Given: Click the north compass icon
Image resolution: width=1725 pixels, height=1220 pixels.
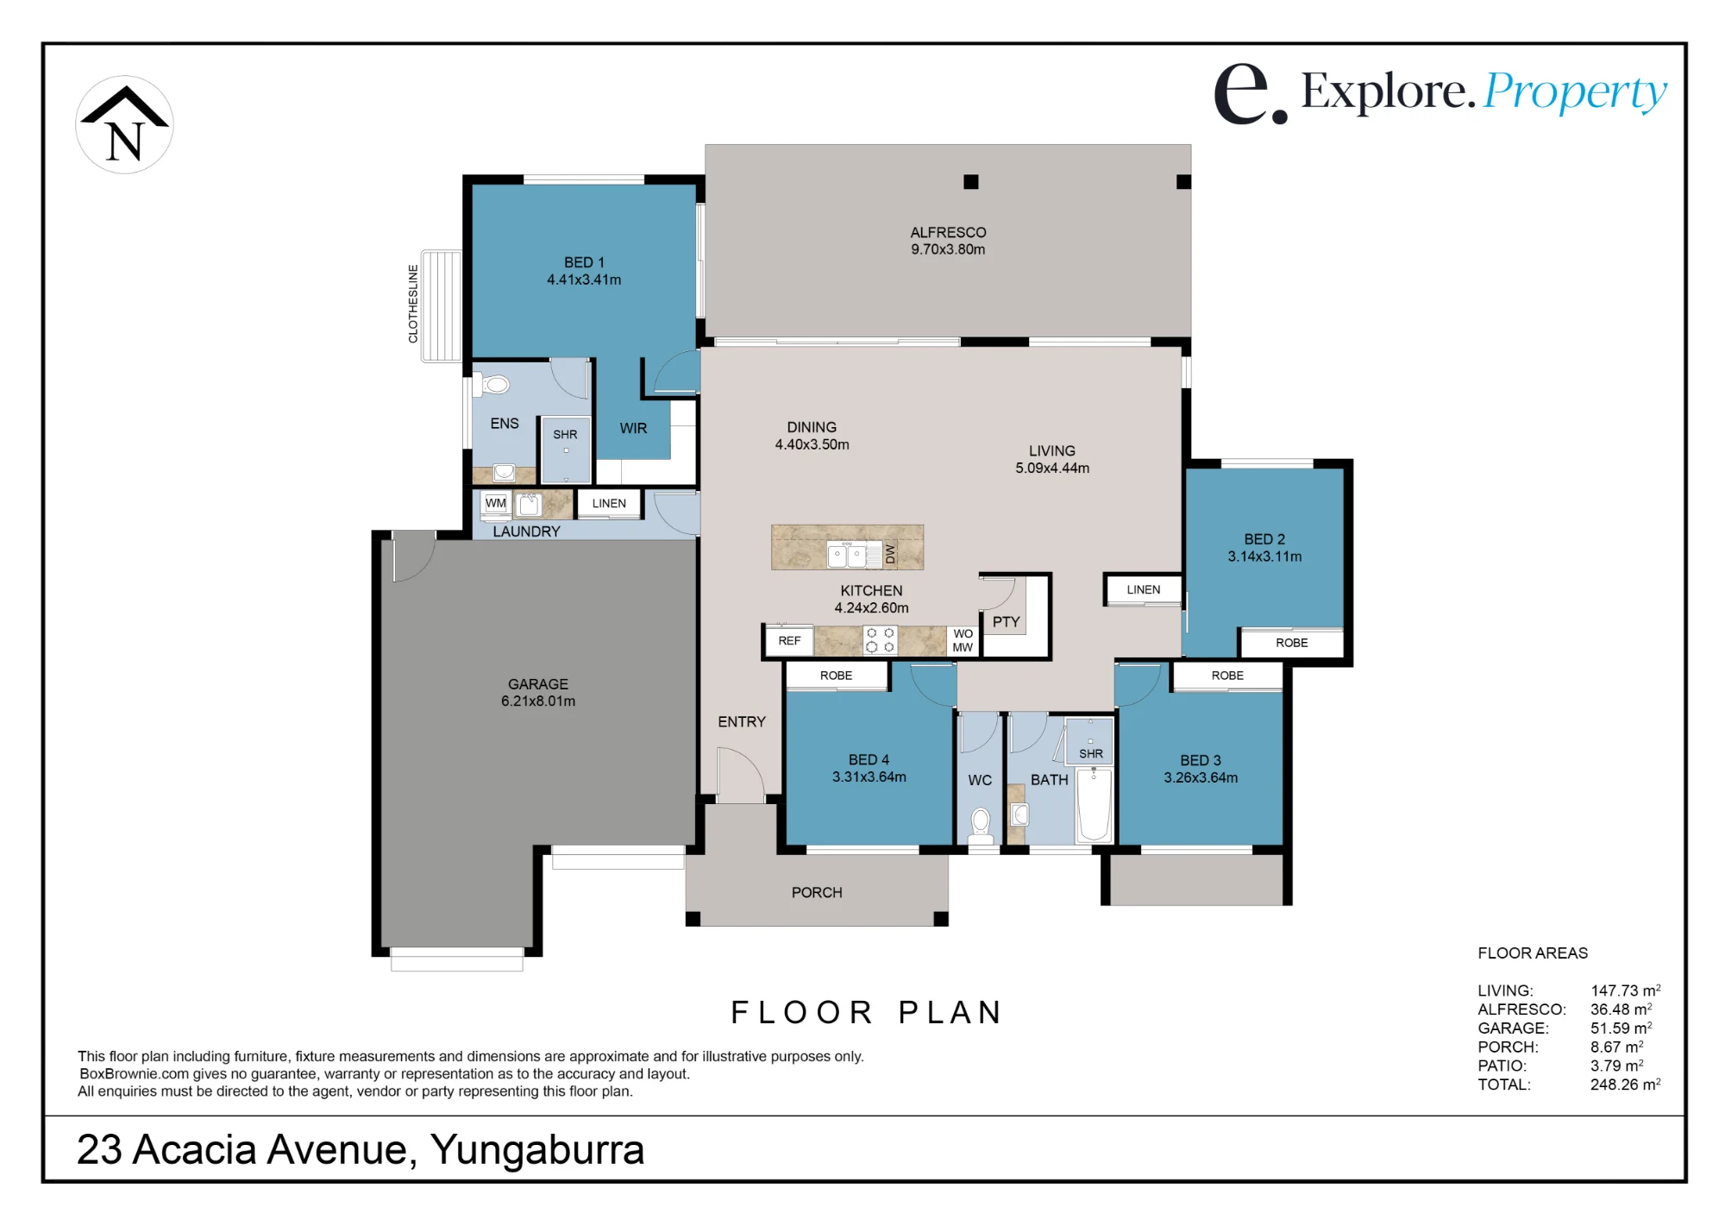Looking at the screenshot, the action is tap(124, 125).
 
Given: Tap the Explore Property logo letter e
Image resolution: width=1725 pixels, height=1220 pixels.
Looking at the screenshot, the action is tap(1243, 94).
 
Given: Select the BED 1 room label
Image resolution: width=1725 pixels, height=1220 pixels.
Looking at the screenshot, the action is tap(584, 262).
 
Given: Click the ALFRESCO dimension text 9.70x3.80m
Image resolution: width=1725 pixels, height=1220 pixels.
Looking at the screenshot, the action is tap(948, 249).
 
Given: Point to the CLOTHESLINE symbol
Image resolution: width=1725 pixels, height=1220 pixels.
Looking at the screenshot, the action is tap(441, 305).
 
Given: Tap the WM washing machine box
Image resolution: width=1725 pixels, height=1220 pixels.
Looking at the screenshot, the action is tap(495, 503).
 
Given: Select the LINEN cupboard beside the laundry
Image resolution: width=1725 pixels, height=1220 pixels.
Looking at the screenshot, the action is tap(609, 503).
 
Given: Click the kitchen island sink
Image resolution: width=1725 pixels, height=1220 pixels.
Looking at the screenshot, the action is tap(847, 555).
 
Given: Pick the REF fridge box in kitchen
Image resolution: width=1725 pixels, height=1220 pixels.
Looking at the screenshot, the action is tap(789, 641).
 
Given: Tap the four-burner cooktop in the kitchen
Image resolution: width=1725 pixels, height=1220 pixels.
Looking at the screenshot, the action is tap(880, 640).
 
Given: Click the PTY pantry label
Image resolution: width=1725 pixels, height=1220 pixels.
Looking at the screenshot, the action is tap(1006, 621).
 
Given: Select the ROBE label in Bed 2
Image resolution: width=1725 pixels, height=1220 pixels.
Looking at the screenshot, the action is tap(1291, 643).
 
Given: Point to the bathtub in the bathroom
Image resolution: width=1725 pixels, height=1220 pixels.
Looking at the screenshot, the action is tap(1095, 804).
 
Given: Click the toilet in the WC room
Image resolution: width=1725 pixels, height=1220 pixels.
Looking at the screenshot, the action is tap(981, 825).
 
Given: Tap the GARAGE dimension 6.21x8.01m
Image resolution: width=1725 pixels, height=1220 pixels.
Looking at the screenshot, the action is tap(538, 701).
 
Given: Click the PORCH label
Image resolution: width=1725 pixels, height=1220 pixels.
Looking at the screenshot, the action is tap(817, 892).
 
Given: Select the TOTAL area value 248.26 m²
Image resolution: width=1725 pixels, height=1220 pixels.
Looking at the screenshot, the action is tap(1625, 1085).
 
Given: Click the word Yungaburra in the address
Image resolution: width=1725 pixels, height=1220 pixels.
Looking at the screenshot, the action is tap(537, 1150).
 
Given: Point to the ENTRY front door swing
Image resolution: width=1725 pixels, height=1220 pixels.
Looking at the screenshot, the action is tap(740, 775).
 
